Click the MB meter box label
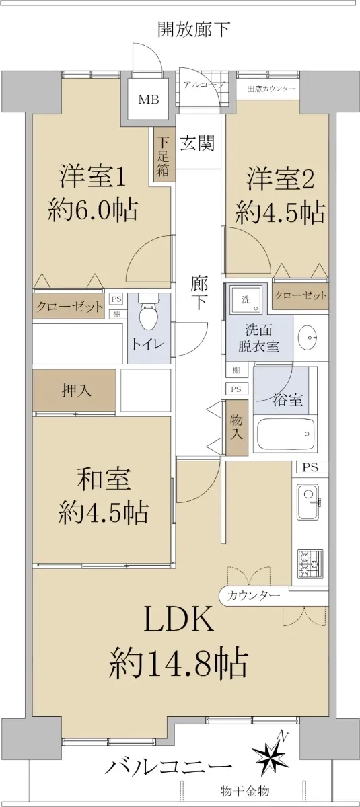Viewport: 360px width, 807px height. pyautogui.click(x=149, y=100)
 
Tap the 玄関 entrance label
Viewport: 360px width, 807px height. pyautogui.click(x=197, y=143)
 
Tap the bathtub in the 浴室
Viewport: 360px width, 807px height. pyautogui.click(x=285, y=433)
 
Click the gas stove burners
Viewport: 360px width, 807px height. pyautogui.click(x=310, y=563)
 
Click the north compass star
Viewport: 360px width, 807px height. pyautogui.click(x=273, y=749)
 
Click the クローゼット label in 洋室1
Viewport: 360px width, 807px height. pyautogui.click(x=69, y=307)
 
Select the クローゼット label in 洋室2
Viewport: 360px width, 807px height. pyautogui.click(x=301, y=295)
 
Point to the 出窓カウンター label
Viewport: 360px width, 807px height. pyautogui.click(x=271, y=89)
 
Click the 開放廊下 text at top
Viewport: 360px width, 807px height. pyautogui.click(x=194, y=30)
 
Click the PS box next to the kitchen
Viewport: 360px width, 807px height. pyautogui.click(x=310, y=467)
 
